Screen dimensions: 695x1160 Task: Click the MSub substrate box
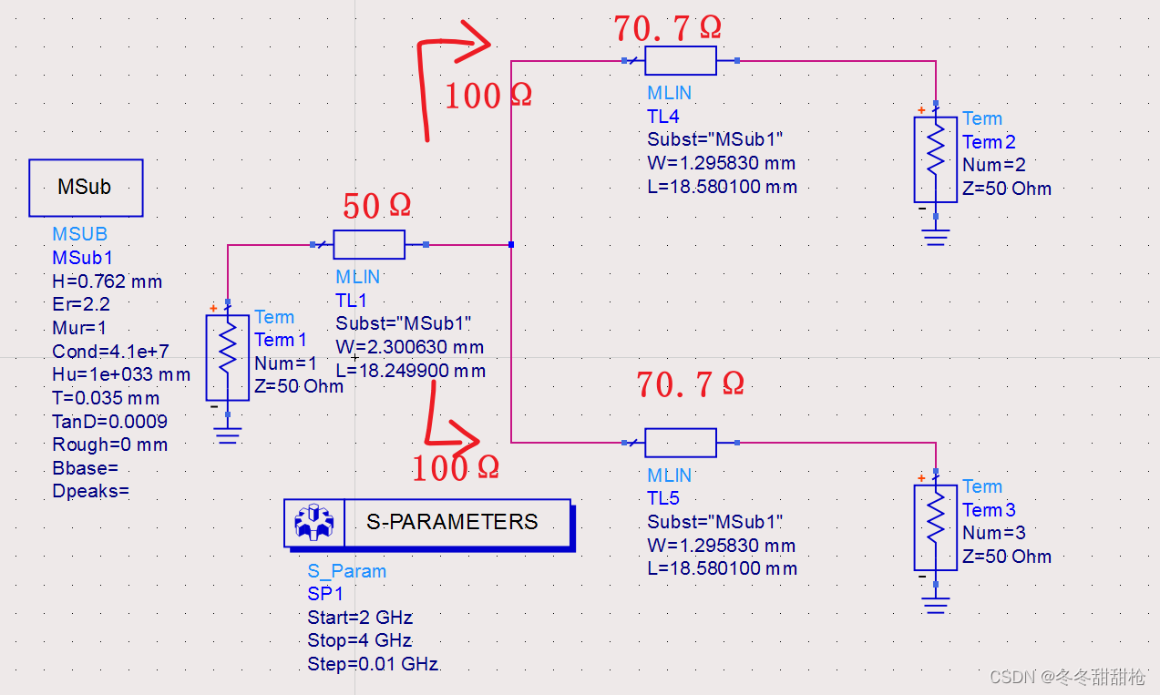[x=86, y=188]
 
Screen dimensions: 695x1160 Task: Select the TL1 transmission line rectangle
[x=369, y=244]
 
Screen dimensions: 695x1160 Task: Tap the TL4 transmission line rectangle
[x=681, y=61]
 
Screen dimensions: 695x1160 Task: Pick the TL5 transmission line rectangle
[x=681, y=443]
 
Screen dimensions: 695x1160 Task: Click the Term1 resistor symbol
[x=228, y=357]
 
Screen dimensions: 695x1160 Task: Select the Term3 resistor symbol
[x=936, y=526]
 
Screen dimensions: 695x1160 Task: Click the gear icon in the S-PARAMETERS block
[x=314, y=522]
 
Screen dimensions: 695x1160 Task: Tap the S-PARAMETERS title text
[x=452, y=522]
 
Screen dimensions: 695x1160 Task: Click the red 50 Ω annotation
[x=376, y=206]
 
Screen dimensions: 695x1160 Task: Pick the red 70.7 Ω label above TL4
[x=667, y=28]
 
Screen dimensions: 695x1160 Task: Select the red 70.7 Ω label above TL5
[x=690, y=384]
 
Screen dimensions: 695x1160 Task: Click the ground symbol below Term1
[x=228, y=436]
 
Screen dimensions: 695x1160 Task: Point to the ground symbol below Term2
[x=936, y=238]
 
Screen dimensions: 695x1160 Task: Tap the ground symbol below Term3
[x=936, y=605]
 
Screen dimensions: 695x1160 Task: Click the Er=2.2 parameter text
[x=81, y=304]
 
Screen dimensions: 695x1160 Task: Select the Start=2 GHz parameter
[x=360, y=618]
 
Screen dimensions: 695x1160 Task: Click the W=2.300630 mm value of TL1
[x=410, y=347]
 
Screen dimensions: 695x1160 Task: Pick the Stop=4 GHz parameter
[x=360, y=640]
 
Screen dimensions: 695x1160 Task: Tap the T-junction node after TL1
[x=511, y=244]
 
